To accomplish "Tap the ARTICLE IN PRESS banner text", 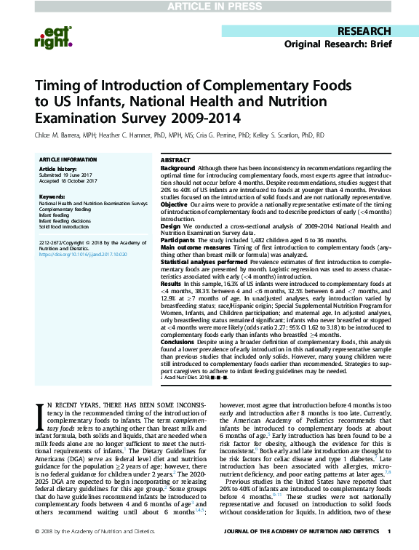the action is pyautogui.click(x=209, y=7).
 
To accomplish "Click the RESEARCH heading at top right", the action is pyautogui.click(x=366, y=32).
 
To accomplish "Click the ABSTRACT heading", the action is pyautogui.click(x=175, y=159).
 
